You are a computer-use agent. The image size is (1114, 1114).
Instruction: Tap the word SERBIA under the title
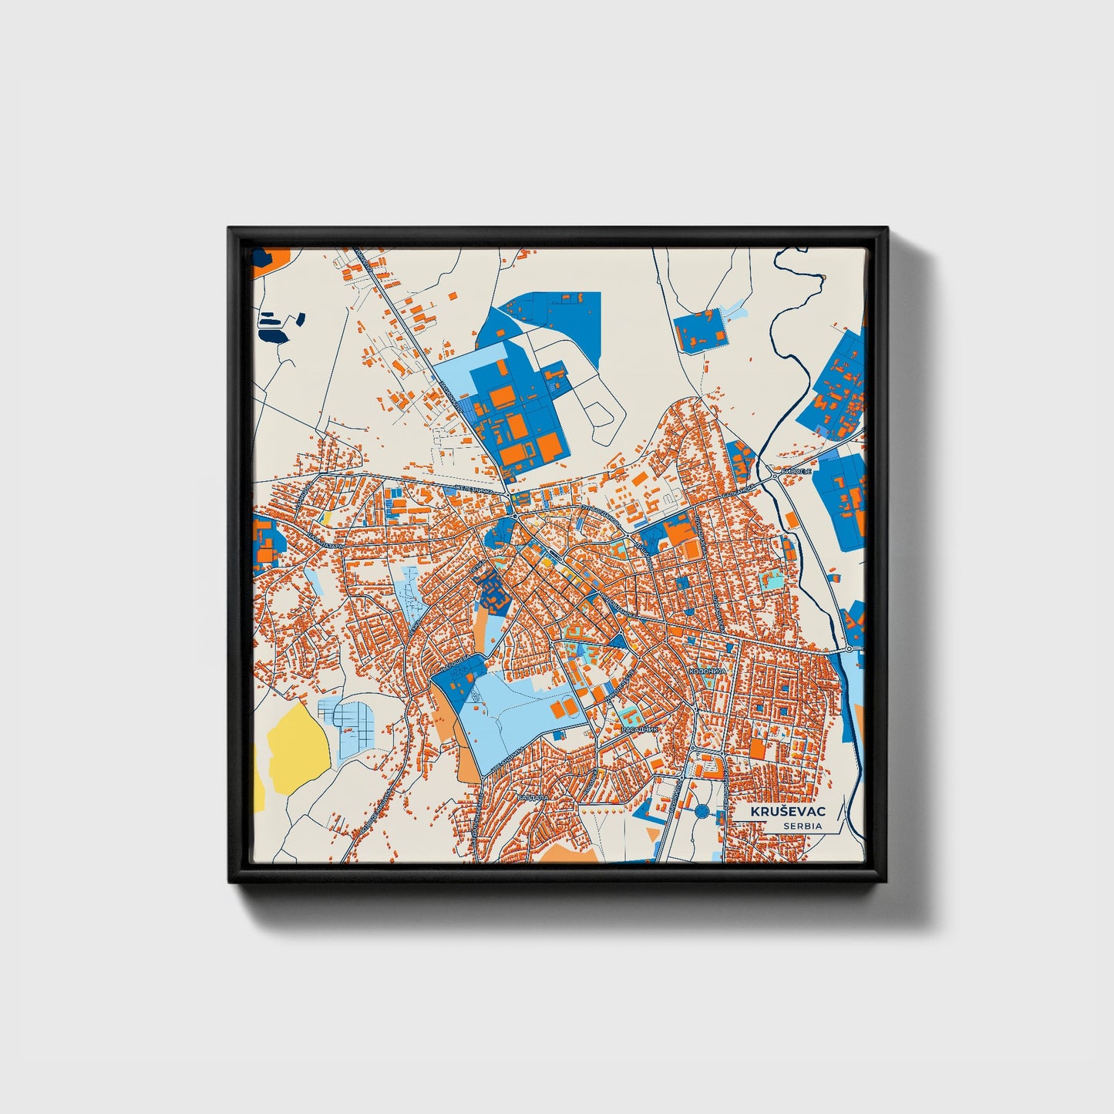[802, 826]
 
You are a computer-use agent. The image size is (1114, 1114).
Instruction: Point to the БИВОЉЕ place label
[796, 471]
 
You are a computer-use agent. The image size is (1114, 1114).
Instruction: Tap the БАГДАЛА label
[533, 796]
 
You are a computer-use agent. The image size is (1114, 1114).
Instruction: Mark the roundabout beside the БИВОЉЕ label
[774, 478]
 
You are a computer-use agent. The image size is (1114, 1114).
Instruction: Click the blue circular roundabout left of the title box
[702, 811]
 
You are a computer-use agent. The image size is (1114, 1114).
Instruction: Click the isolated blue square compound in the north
[698, 330]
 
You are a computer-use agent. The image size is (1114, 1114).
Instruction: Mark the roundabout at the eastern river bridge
[848, 649]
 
